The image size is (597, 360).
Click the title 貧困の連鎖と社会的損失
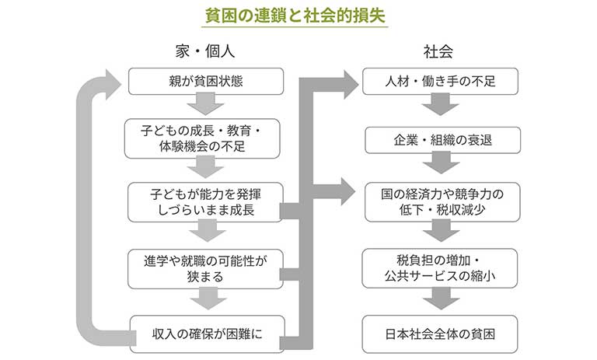click(x=298, y=15)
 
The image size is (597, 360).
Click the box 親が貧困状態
click(x=206, y=81)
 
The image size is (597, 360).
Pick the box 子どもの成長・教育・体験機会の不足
click(x=206, y=138)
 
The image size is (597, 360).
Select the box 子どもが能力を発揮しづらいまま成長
click(x=206, y=201)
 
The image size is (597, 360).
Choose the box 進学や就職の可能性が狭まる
click(x=206, y=267)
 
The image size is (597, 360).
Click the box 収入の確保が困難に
click(x=206, y=333)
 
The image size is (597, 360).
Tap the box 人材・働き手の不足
click(x=440, y=81)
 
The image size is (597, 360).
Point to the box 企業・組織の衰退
click(x=440, y=140)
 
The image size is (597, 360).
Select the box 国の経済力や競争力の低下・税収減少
click(x=440, y=201)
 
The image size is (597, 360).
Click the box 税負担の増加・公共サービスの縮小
click(x=440, y=267)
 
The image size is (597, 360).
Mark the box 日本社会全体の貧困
click(x=440, y=333)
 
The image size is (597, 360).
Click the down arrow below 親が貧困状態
click(x=206, y=104)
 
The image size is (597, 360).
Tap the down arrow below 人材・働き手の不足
click(x=440, y=107)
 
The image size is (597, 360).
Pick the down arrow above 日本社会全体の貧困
click(x=440, y=299)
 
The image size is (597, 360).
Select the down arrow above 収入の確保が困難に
click(x=206, y=299)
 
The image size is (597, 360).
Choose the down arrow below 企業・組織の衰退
click(x=440, y=165)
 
